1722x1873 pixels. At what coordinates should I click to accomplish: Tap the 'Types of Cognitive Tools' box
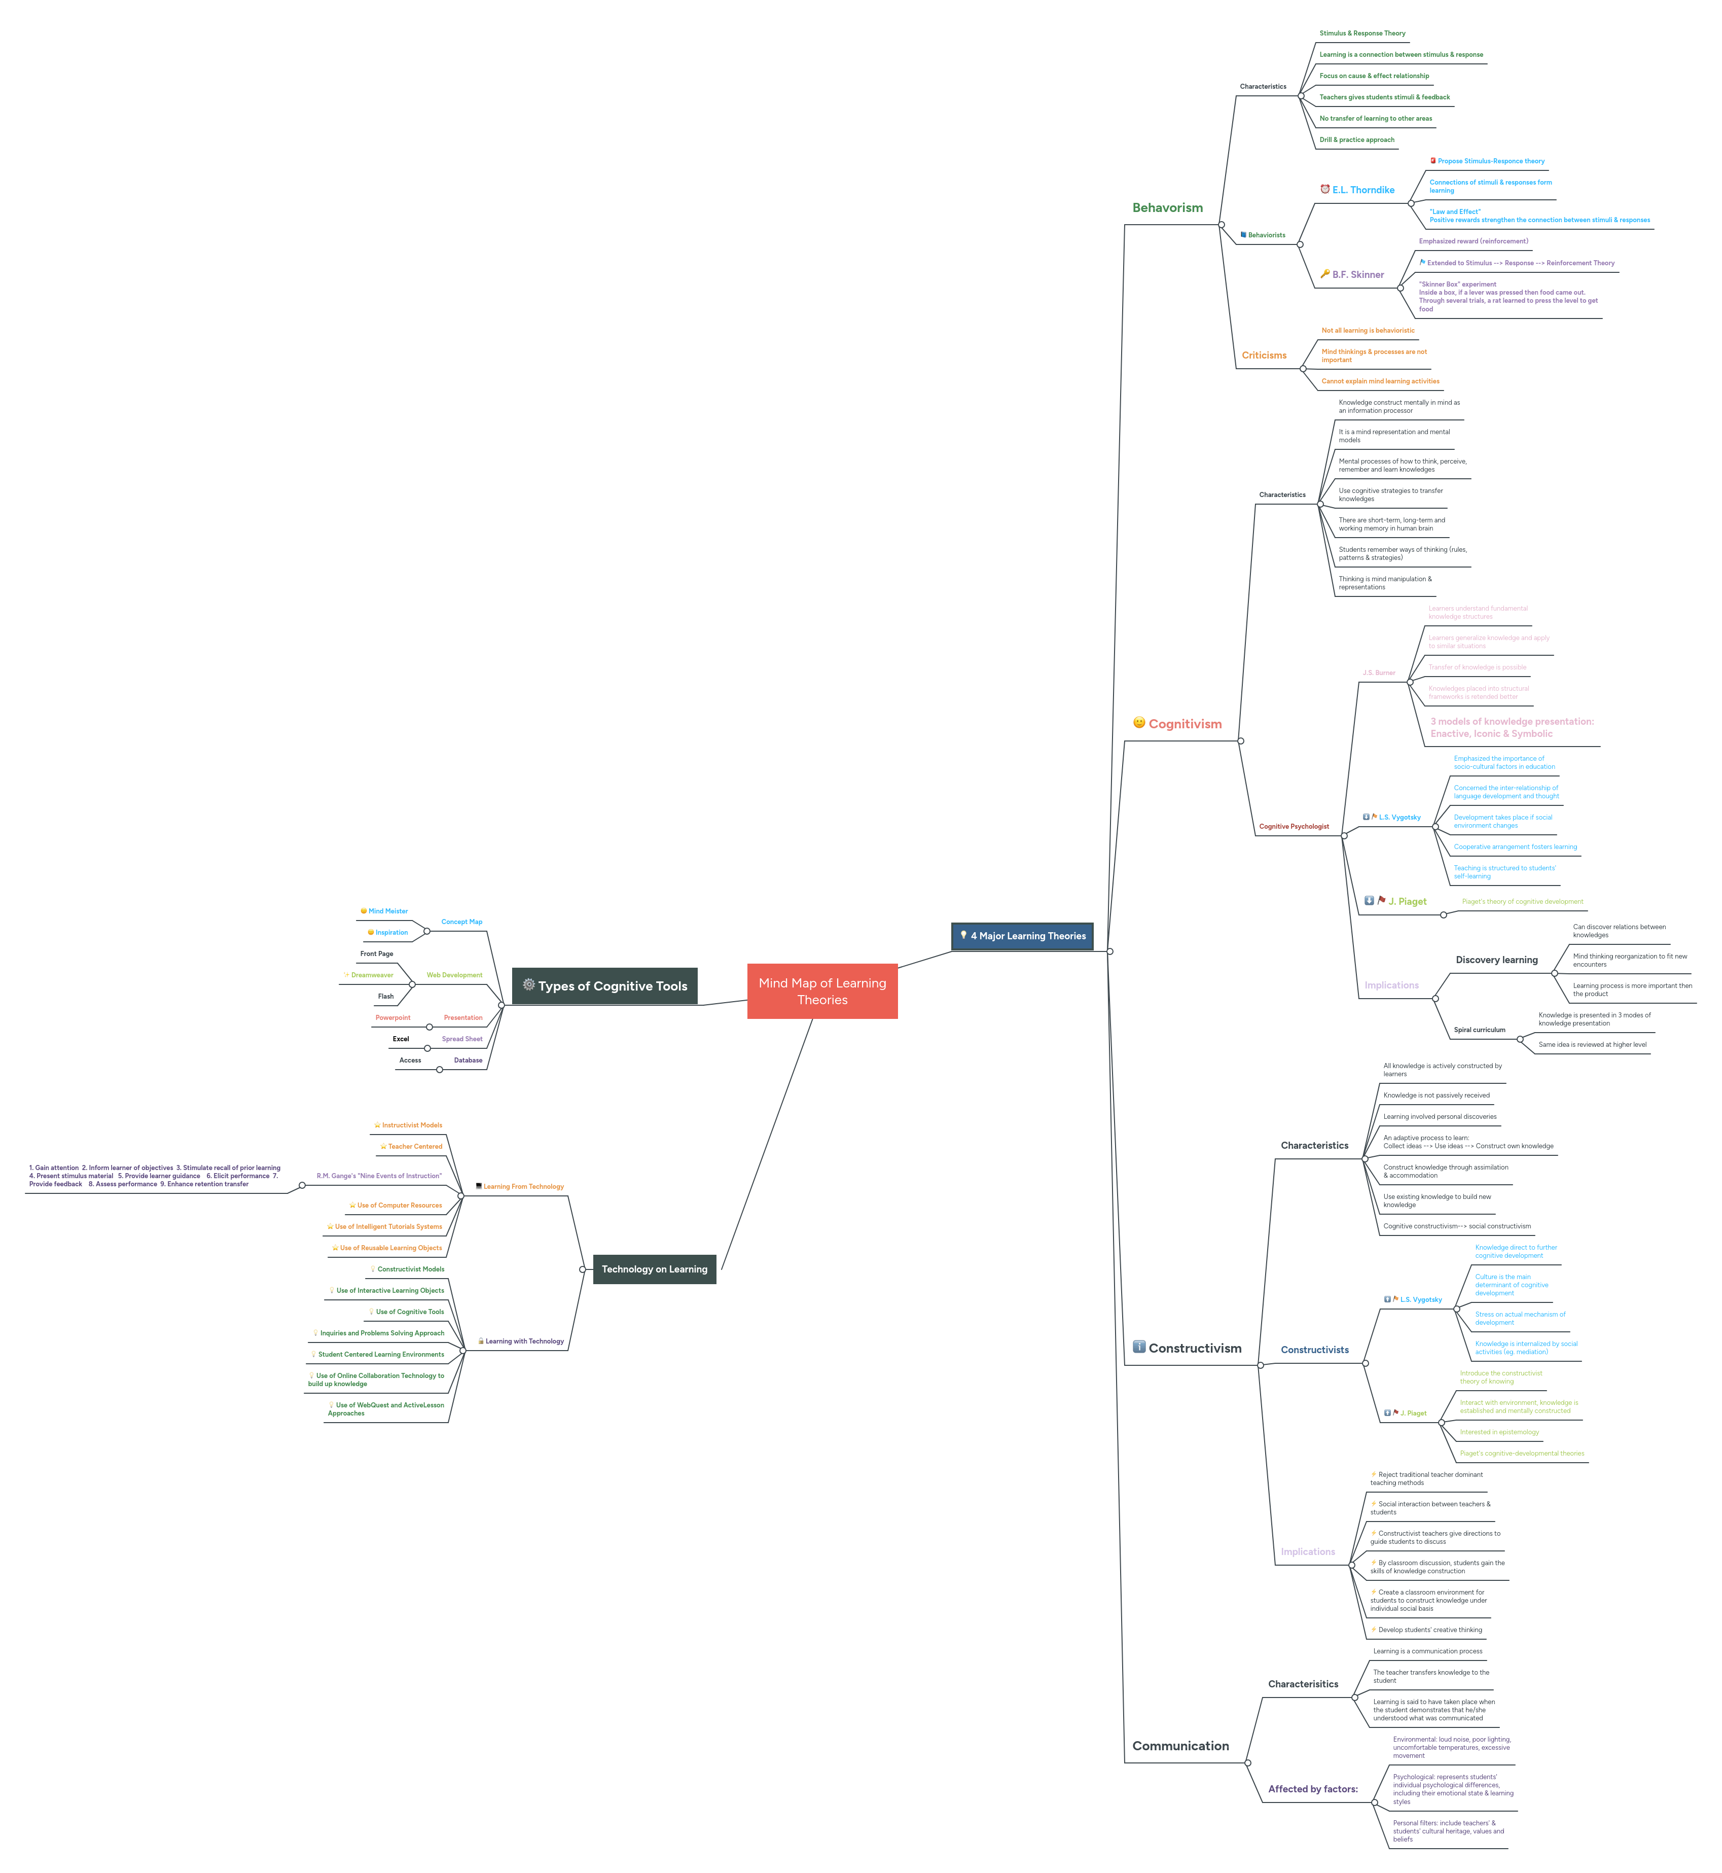pyautogui.click(x=605, y=986)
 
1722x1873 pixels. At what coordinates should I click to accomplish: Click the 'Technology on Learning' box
pyautogui.click(x=654, y=1269)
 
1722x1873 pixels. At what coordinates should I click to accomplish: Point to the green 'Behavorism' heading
pyautogui.click(x=1168, y=208)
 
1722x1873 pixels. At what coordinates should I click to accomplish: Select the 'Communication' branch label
pyautogui.click(x=1180, y=1746)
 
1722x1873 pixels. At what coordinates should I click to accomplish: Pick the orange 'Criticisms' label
pyautogui.click(x=1264, y=355)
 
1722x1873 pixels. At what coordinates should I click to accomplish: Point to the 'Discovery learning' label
pyautogui.click(x=1496, y=960)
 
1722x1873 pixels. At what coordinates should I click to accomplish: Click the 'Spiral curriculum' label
pyautogui.click(x=1479, y=1030)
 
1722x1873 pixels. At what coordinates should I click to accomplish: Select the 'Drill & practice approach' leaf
pyautogui.click(x=1357, y=140)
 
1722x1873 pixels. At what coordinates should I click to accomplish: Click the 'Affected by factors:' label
pyautogui.click(x=1313, y=1789)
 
